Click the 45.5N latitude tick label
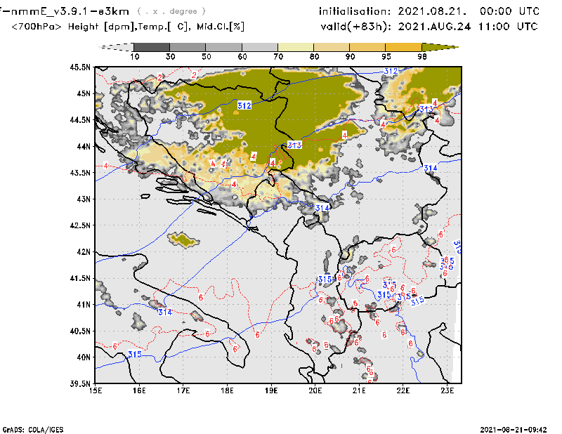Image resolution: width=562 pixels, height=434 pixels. pyautogui.click(x=81, y=67)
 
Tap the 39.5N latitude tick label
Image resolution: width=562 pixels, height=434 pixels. pyautogui.click(x=81, y=383)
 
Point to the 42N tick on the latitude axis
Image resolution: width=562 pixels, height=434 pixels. pyautogui.click(x=84, y=251)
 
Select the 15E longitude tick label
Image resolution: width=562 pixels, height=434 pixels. pyautogui.click(x=96, y=390)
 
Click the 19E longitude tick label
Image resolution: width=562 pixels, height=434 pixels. pyautogui.click(x=271, y=390)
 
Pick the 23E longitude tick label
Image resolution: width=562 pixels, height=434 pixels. pyautogui.click(x=447, y=390)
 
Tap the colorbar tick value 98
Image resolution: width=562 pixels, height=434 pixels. pyautogui.click(x=423, y=56)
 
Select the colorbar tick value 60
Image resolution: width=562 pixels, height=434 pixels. pyautogui.click(x=242, y=56)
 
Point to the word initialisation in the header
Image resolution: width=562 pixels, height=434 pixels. pyautogui.click(x=353, y=11)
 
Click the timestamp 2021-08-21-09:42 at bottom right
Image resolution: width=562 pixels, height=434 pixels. pyautogui.click(x=515, y=428)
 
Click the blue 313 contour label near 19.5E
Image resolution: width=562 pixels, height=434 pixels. pyautogui.click(x=294, y=145)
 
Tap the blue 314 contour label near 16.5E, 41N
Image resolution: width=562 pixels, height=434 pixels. pyautogui.click(x=165, y=312)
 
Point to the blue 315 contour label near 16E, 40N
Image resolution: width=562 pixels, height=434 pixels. pyautogui.click(x=136, y=355)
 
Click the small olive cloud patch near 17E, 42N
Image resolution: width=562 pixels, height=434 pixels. pyautogui.click(x=183, y=241)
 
